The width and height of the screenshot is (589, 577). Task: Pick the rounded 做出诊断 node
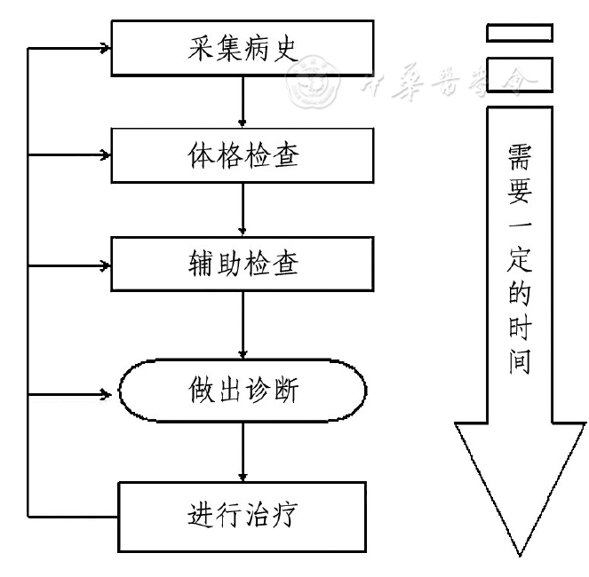(x=242, y=390)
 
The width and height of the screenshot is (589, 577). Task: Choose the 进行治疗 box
(x=242, y=516)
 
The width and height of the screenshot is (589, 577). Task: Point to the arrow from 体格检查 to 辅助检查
(x=243, y=209)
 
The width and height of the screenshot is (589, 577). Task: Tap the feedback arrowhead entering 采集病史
(x=106, y=47)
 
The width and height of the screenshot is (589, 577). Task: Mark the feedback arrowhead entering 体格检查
(x=106, y=155)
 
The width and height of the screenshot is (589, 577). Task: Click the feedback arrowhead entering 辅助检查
(x=106, y=264)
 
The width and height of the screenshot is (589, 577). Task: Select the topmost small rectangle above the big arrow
(x=519, y=32)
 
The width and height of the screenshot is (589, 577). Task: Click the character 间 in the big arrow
(x=520, y=363)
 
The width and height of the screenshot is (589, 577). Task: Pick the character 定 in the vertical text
(x=520, y=257)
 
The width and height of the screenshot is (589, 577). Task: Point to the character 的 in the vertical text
(x=520, y=293)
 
